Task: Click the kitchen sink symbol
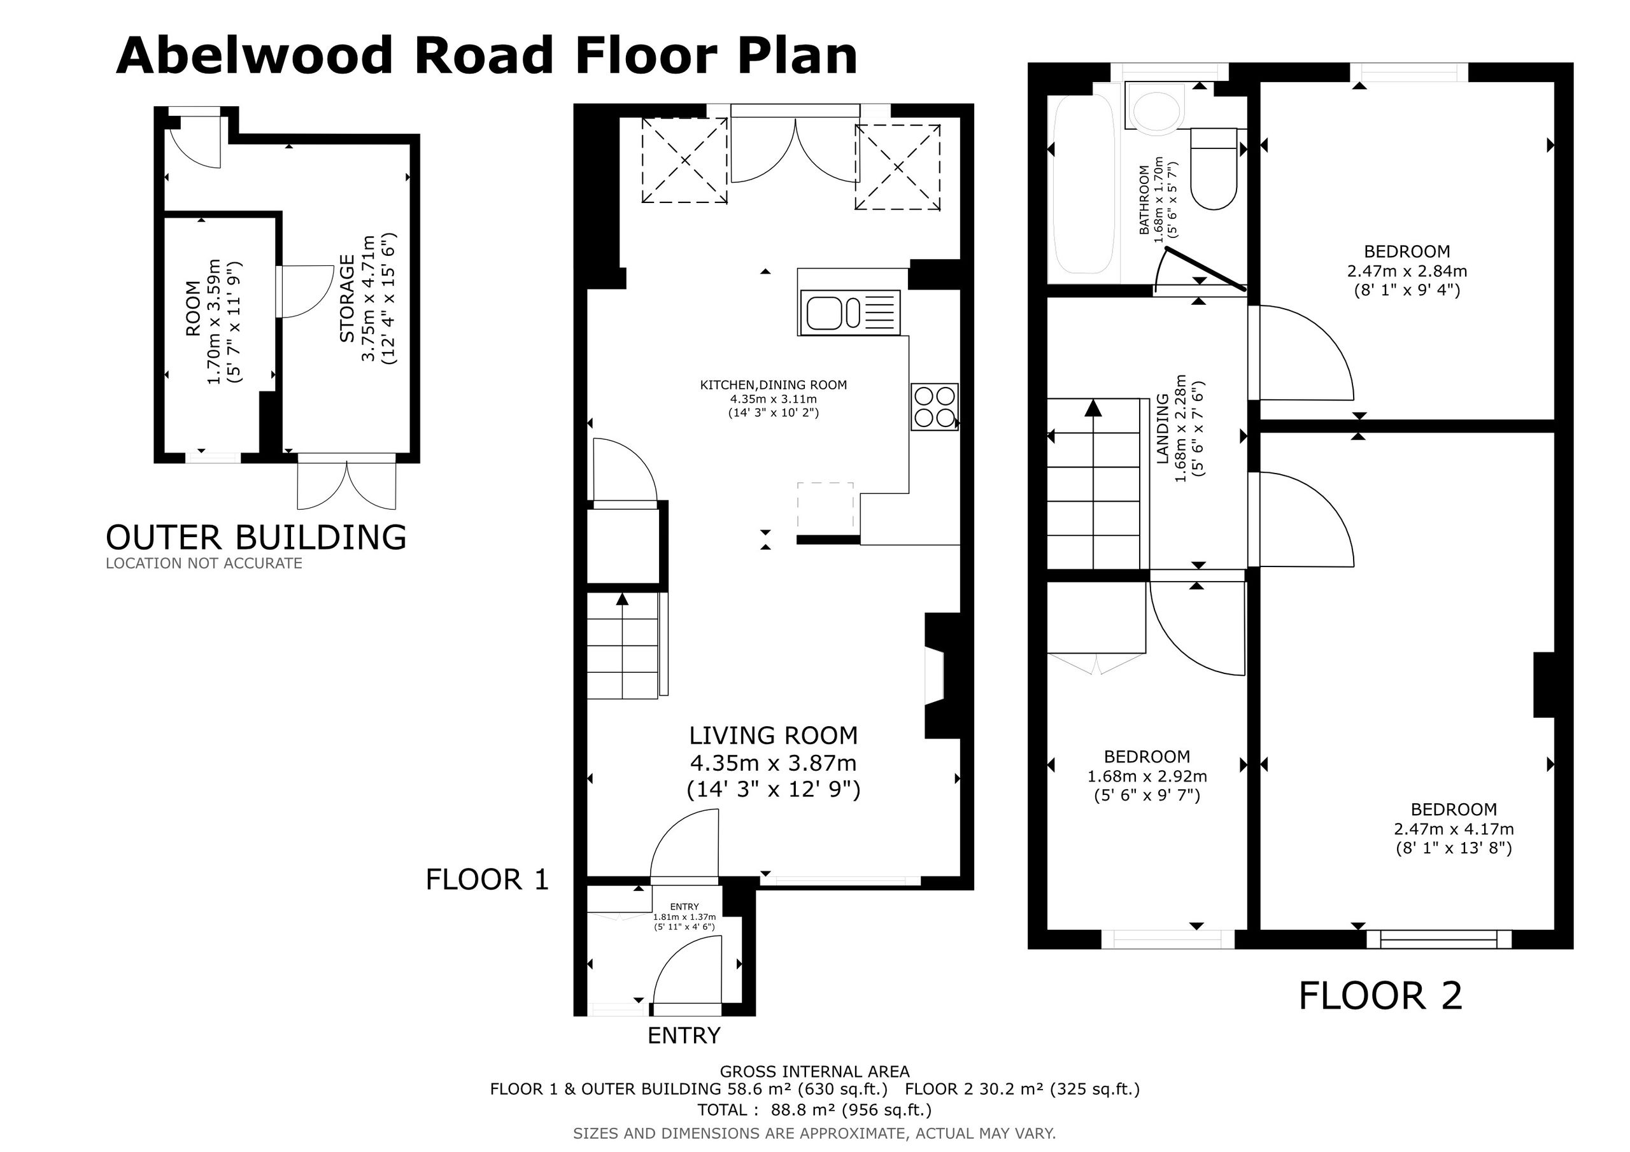850,313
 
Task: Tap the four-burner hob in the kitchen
935,407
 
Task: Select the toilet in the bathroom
1214,168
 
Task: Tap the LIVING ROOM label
774,735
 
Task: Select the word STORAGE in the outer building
347,299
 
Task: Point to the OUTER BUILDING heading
257,537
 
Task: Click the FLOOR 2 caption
1381,996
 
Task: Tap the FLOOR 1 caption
488,880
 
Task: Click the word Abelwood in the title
254,55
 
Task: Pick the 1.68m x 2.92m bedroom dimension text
1147,776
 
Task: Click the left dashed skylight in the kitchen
684,160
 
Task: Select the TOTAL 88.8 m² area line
814,1110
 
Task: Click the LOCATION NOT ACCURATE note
204,563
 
